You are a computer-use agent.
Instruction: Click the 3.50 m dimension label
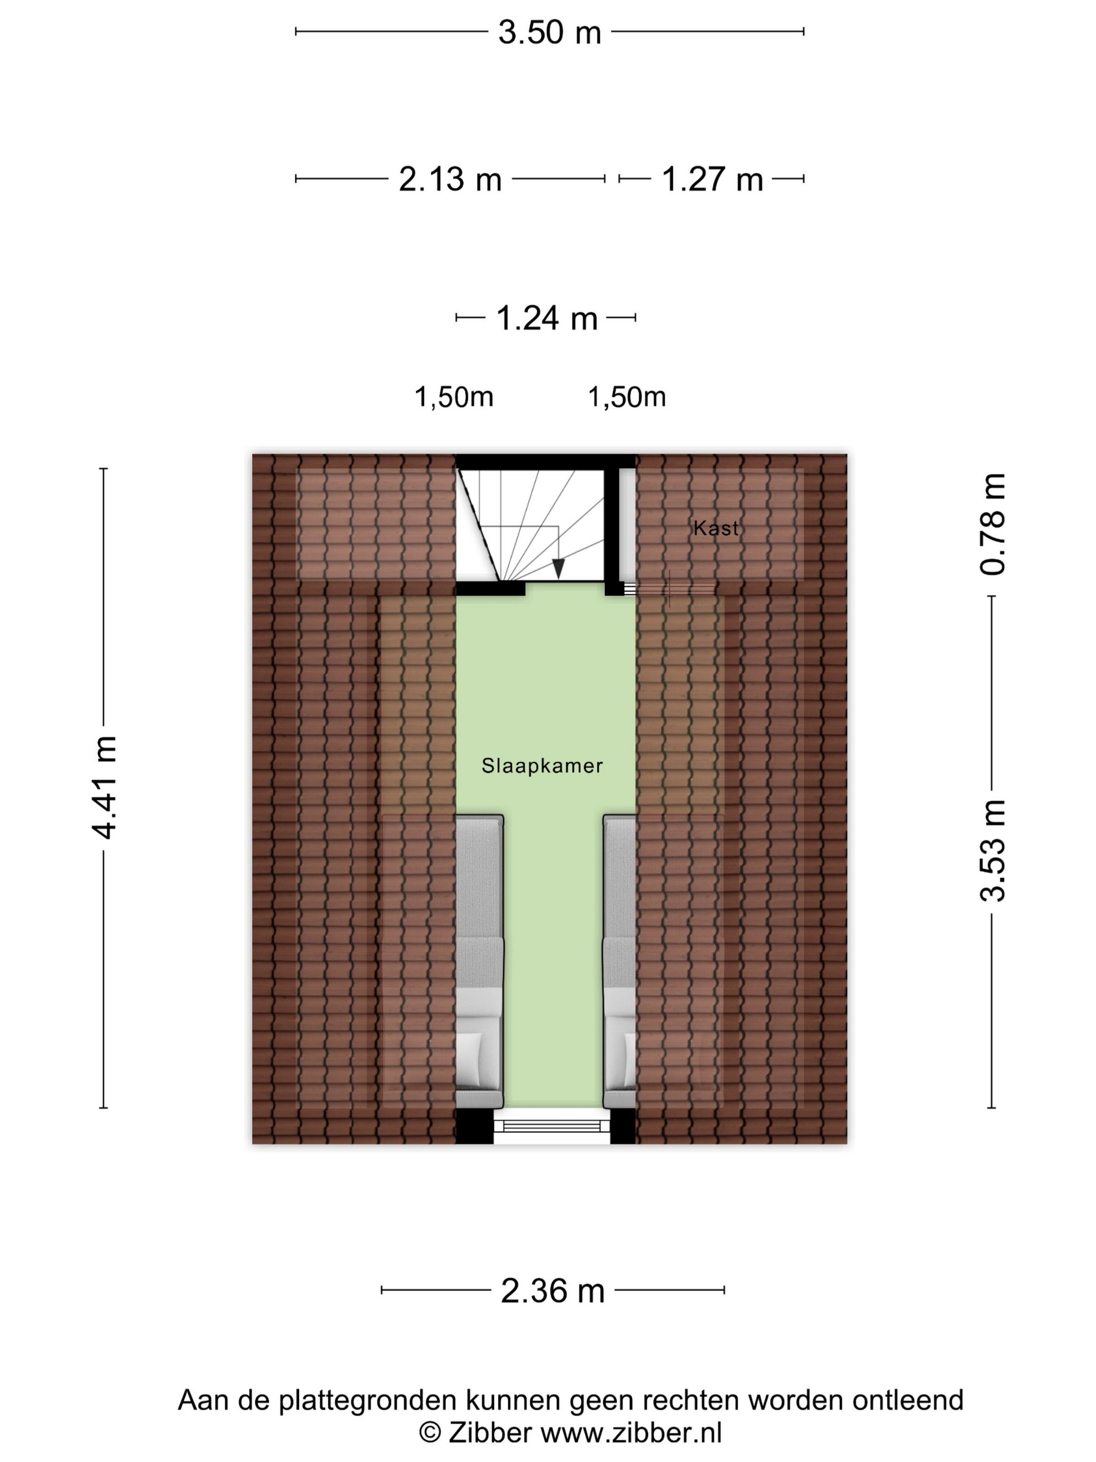[x=549, y=32]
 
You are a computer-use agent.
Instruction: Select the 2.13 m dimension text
[x=450, y=179]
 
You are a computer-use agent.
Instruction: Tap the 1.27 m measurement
[x=712, y=179]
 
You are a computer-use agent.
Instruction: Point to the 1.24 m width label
[x=547, y=318]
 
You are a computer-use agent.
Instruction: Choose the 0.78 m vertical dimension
[x=992, y=524]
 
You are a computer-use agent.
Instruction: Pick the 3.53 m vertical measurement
[x=992, y=851]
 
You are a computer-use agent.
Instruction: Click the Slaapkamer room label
[x=542, y=765]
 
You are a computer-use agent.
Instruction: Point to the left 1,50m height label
[x=454, y=397]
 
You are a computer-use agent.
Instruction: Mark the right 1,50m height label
[x=627, y=397]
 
